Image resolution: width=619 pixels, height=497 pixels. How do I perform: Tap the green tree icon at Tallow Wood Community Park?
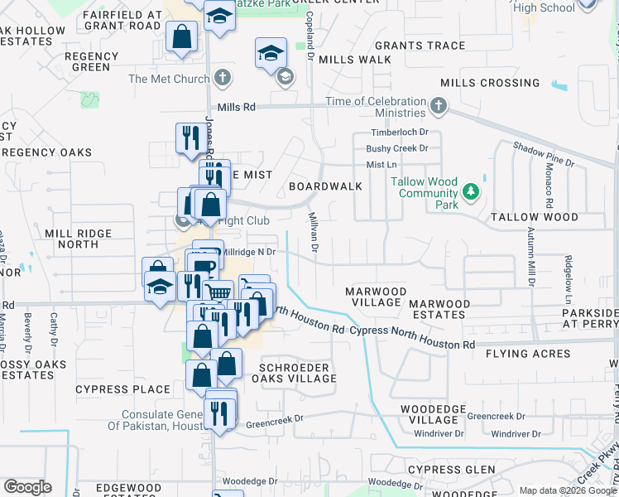point(471,192)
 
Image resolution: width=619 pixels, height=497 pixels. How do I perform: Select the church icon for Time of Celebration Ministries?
point(439,106)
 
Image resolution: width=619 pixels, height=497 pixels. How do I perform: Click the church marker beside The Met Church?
point(221,79)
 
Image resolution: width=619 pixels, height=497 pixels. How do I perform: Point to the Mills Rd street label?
point(237,108)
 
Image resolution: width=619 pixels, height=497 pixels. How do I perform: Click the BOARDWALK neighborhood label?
point(325,186)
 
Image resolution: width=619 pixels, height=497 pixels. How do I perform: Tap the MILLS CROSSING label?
point(490,83)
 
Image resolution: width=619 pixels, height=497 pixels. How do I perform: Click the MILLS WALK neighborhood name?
point(354,60)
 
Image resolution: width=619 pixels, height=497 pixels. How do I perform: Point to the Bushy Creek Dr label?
point(397,149)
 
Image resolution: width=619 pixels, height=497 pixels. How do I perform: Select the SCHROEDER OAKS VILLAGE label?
point(298,373)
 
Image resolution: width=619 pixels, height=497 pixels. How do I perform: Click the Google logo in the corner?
point(27,487)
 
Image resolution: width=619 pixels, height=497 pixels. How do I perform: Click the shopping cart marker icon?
point(218,292)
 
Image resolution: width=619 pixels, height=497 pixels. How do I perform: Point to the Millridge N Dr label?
point(248,251)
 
